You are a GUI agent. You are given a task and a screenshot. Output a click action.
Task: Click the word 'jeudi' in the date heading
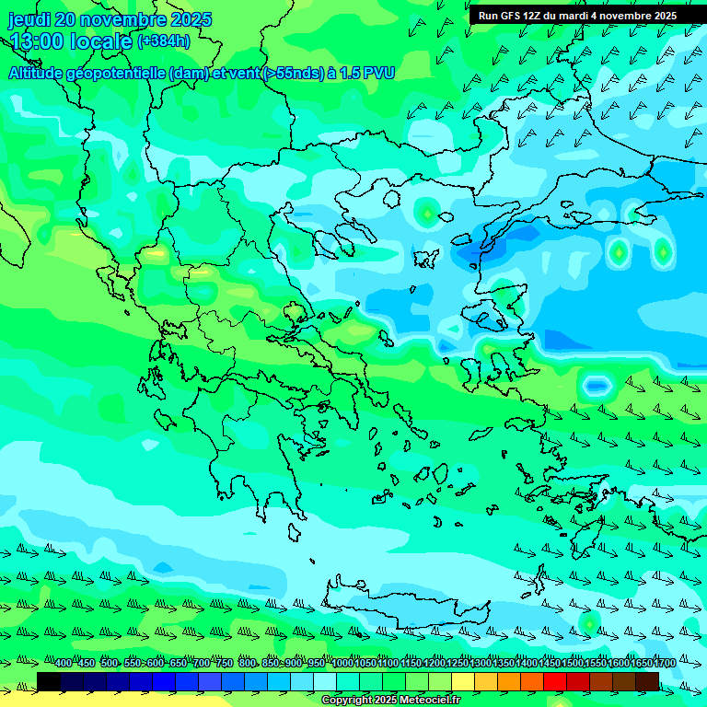(x=29, y=19)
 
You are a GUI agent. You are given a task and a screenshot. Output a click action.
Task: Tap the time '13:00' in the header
(x=38, y=41)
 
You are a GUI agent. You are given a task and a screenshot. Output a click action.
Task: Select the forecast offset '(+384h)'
(x=164, y=41)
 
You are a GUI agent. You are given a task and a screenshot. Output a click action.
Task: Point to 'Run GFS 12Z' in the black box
(x=509, y=16)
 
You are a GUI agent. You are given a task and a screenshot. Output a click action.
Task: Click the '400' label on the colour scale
(x=64, y=664)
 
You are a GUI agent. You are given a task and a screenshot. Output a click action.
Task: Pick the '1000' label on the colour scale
(x=342, y=664)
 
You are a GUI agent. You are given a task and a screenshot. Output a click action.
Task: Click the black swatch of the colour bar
(x=49, y=681)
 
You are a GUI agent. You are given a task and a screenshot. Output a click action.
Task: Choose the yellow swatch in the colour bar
(x=463, y=681)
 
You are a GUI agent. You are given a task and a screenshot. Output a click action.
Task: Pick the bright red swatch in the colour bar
(x=555, y=681)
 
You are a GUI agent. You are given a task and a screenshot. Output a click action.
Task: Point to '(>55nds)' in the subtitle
(x=293, y=73)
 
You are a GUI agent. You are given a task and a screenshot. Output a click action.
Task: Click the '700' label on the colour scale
(x=202, y=664)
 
